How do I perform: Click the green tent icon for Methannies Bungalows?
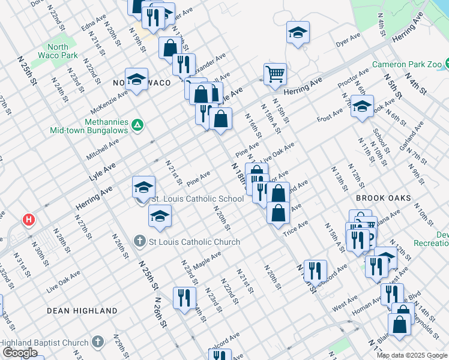(x=137, y=125)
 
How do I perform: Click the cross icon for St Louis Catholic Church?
(x=139, y=242)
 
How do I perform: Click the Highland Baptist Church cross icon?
(x=98, y=343)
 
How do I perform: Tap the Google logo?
(x=19, y=353)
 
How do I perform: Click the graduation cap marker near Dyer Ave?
(x=298, y=34)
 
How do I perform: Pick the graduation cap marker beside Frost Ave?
(x=362, y=107)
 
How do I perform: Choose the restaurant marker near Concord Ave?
(x=315, y=272)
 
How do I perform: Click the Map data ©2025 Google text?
(x=412, y=355)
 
